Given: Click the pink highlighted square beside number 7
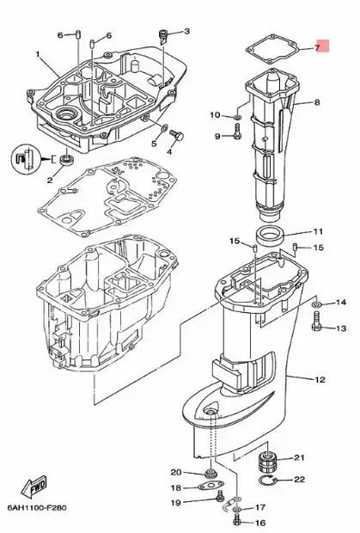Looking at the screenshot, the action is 324,46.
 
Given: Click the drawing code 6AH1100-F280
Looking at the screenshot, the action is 37,508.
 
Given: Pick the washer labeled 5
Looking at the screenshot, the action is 164,128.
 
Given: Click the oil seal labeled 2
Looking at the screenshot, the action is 66,159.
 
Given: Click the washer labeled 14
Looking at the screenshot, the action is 316,303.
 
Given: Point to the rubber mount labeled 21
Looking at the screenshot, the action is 268,461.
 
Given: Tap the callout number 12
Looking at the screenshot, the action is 320,380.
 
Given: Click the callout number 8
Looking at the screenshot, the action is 317,102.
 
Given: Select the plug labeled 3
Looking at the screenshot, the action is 163,37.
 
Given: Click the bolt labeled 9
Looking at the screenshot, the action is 238,132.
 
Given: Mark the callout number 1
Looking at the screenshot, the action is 38,54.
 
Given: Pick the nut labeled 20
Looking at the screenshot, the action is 209,473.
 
